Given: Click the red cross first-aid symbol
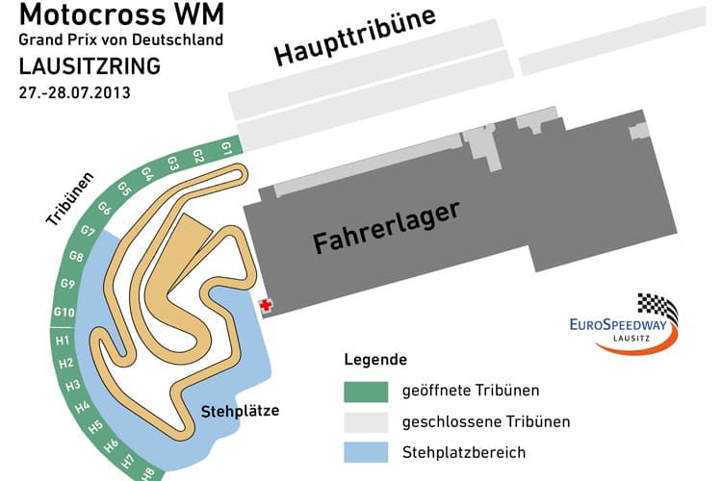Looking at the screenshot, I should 266,305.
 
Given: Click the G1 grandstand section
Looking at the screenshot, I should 226,149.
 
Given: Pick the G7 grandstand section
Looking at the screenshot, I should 88,232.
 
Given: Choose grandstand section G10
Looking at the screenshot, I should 64,312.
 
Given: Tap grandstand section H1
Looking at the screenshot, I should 63,340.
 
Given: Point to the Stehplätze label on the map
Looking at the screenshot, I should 240,411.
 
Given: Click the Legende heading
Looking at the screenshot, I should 375,360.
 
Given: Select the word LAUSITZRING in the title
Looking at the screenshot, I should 89,69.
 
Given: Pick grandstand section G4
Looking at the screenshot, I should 148,174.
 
